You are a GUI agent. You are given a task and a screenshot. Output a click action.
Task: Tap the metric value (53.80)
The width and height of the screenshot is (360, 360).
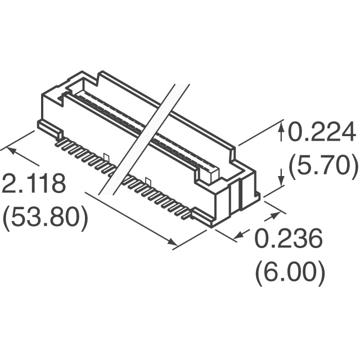click(45, 217)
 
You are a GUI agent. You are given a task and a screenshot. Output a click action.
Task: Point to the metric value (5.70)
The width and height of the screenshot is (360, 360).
click(323, 165)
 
